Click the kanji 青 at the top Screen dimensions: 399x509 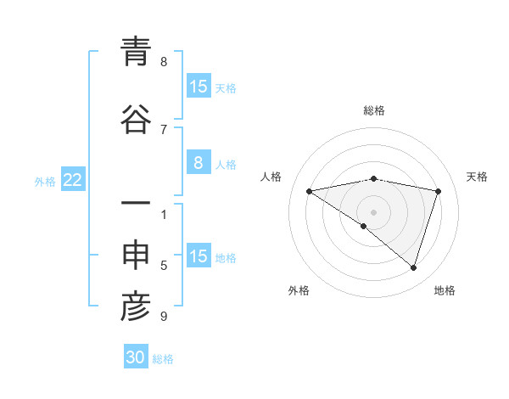point(136,52)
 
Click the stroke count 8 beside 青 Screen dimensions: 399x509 point(164,62)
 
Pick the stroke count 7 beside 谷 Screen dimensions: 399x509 point(164,129)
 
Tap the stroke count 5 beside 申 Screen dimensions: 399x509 point(164,266)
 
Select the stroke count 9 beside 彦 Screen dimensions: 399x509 point(164,317)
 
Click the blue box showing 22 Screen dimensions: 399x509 point(72,179)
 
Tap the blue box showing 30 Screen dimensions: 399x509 point(136,357)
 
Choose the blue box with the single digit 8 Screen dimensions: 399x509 point(198,163)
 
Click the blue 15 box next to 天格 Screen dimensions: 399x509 point(198,87)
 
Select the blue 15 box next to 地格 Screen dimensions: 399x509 point(198,256)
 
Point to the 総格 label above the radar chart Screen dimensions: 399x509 point(374,110)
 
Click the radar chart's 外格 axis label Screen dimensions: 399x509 point(299,290)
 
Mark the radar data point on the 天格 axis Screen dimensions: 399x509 point(439,191)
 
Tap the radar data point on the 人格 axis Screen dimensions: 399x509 point(310,191)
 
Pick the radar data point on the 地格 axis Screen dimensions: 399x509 point(414,267)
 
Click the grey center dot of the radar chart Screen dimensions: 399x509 point(374,211)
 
